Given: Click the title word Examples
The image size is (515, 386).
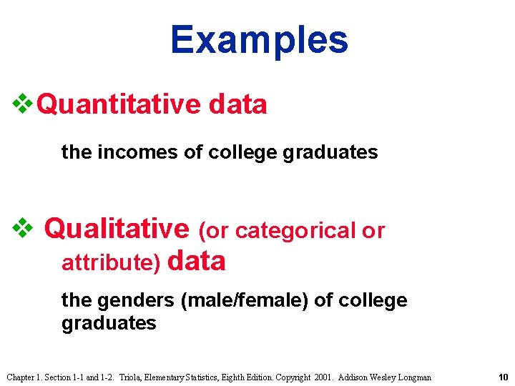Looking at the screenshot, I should click(259, 41).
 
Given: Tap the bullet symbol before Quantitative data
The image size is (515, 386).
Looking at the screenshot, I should click(22, 104).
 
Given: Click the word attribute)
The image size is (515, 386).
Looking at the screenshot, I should click(111, 263).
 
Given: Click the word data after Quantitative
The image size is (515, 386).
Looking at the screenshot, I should click(238, 104).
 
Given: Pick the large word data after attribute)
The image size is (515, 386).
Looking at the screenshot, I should click(197, 261).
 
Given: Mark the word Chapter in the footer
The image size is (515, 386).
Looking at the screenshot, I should click(21, 377).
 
